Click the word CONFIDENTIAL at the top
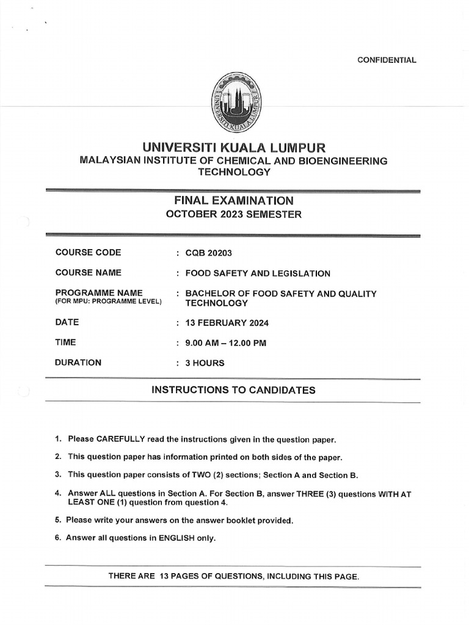[387, 60]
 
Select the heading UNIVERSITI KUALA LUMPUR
[234, 147]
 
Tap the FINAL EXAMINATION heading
[234, 200]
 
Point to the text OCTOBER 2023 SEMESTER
[234, 214]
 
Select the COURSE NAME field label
[88, 273]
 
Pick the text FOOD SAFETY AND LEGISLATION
[258, 273]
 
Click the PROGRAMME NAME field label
[99, 293]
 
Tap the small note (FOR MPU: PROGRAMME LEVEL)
[108, 302]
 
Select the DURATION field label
[78, 363]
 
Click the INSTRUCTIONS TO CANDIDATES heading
[234, 390]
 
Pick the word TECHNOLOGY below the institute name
[234, 173]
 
